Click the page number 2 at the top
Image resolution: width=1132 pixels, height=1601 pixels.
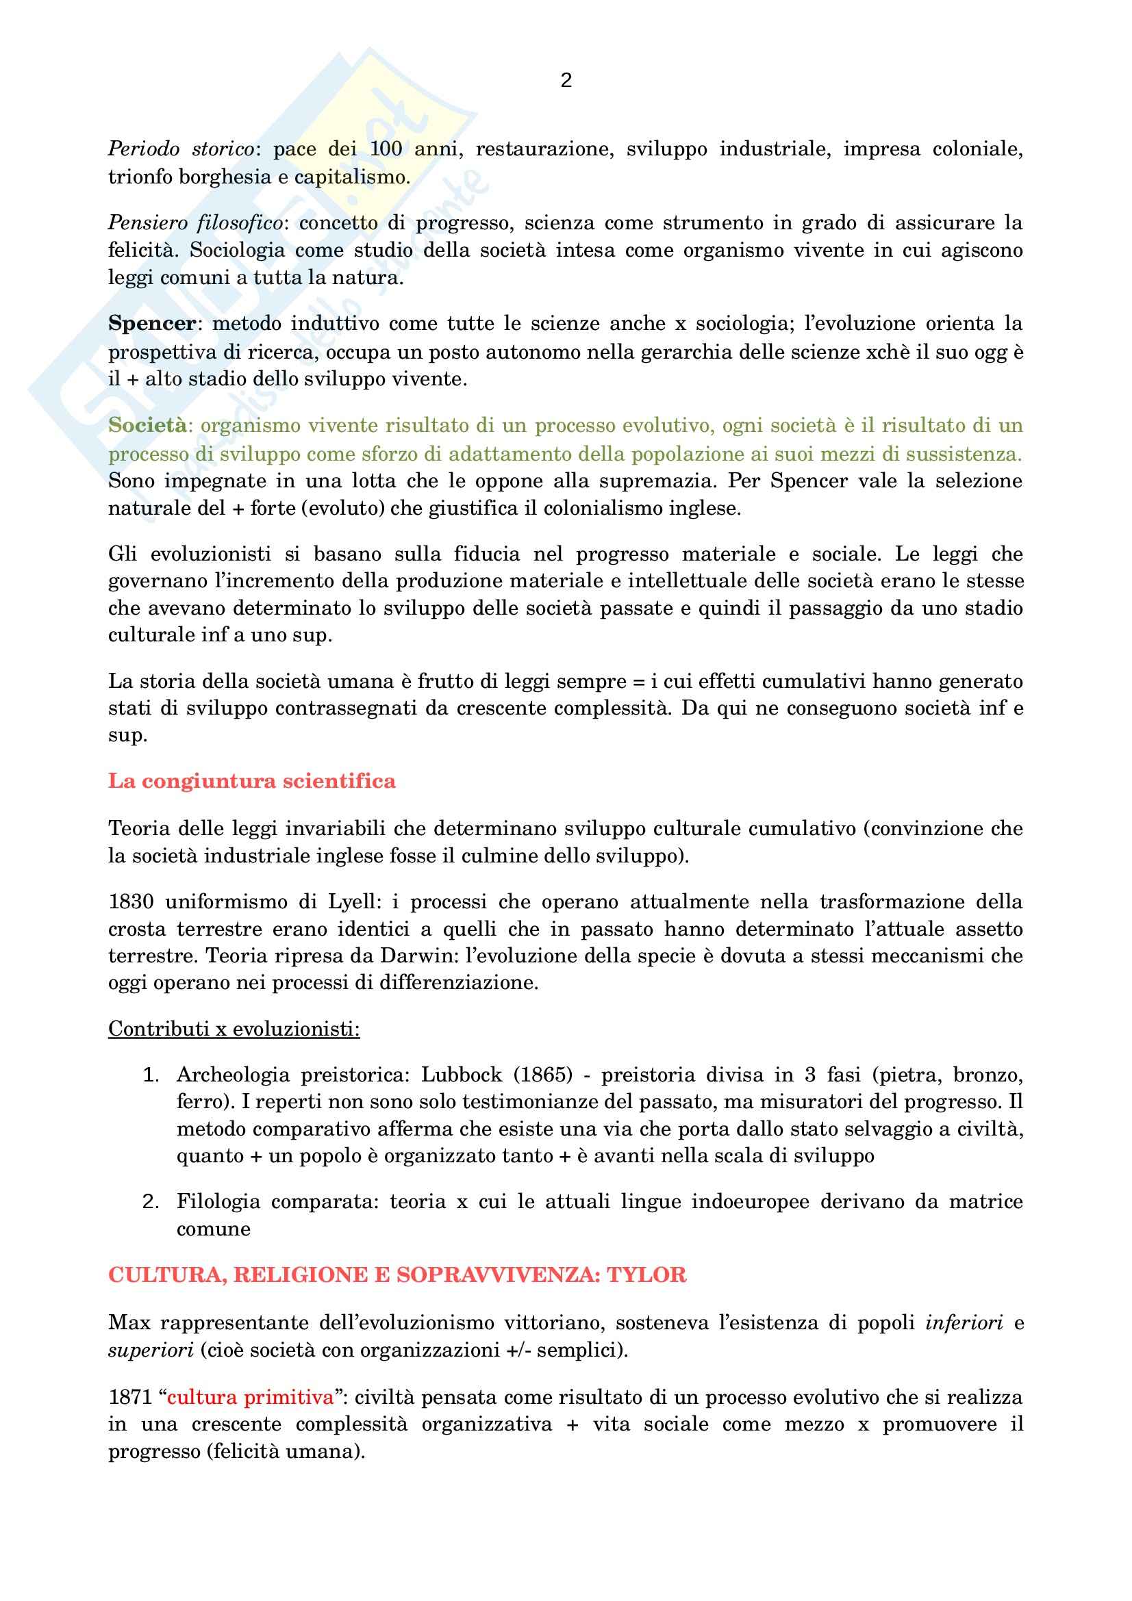pos(566,81)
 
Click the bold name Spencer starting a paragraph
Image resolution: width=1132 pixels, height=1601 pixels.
pos(151,324)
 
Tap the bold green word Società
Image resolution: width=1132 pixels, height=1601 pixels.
pos(147,425)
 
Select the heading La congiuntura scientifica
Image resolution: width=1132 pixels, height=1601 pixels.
pos(252,781)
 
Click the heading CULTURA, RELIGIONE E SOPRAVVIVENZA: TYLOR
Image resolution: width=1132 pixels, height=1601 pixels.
pos(397,1275)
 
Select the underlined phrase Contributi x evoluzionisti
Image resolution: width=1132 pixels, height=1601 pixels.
pos(234,1029)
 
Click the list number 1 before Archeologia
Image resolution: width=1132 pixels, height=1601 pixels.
pos(151,1075)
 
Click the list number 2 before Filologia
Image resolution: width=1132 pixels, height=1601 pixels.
pos(151,1201)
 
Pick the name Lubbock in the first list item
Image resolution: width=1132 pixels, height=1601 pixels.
pos(461,1075)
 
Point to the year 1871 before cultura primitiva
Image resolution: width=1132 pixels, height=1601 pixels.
pos(130,1398)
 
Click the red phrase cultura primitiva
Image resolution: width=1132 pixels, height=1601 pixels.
pos(251,1398)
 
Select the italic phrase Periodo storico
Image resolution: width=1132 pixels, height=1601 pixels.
pos(181,149)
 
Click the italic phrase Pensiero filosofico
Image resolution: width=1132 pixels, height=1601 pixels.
pos(195,223)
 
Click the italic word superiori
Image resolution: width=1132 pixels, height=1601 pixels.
pos(150,1350)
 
